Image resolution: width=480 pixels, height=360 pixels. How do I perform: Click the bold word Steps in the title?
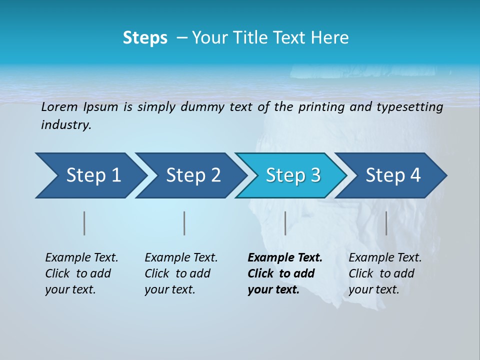coord(145,38)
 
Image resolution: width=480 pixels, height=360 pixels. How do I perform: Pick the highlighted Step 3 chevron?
coord(293,175)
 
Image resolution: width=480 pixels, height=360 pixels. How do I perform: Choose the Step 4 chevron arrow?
coord(393,175)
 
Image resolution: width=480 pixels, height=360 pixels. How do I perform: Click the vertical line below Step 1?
coord(84,223)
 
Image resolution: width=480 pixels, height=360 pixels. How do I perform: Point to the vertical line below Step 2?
coord(184,223)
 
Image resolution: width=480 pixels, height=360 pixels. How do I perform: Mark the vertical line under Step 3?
coord(285,223)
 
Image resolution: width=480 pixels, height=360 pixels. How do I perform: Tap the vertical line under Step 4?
coord(386,223)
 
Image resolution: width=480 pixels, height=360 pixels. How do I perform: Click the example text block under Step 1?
coord(81,273)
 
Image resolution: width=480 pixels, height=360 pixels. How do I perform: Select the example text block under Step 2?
coord(181,273)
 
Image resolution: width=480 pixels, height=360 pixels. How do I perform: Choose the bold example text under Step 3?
coord(285,273)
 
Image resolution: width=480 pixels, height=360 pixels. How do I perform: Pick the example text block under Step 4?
coord(385,273)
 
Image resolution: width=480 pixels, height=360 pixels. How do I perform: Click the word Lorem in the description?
coord(59,107)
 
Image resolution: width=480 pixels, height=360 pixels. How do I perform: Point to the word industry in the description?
coord(66,125)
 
